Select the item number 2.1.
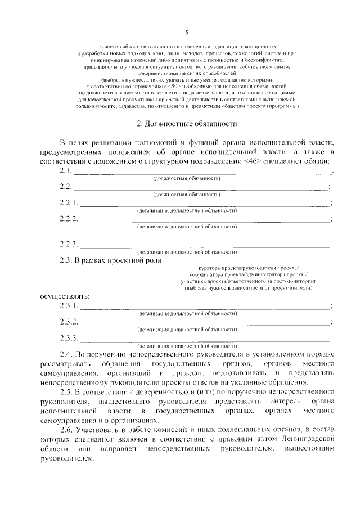(66, 171)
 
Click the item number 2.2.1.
(69, 203)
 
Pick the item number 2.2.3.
(69, 244)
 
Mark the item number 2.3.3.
(69, 337)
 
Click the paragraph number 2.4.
(66, 354)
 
